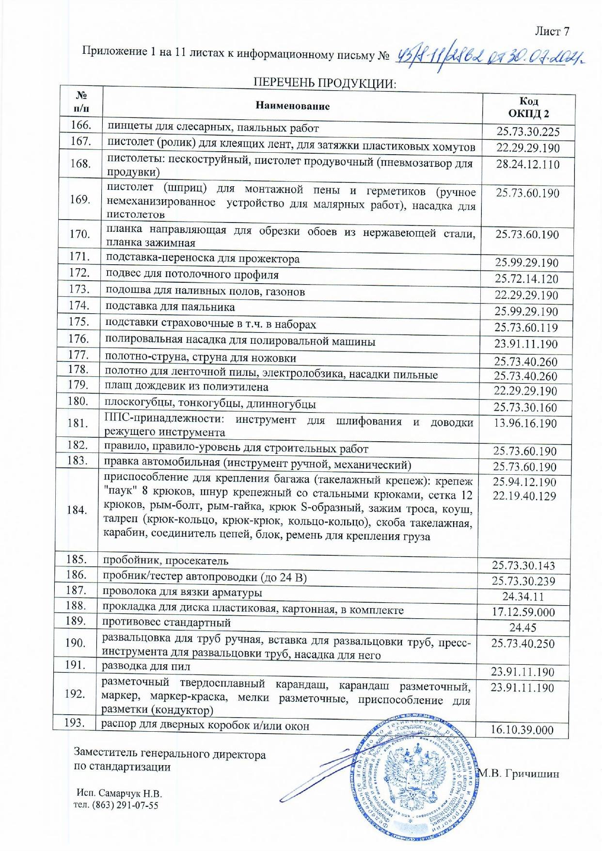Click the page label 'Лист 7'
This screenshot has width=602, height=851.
pyautogui.click(x=552, y=32)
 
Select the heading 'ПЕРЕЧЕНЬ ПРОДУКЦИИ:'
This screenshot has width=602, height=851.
pyautogui.click(x=325, y=83)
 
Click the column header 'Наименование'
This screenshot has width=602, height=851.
pyautogui.click(x=292, y=106)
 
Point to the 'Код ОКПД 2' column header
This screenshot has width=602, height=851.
pyautogui.click(x=528, y=107)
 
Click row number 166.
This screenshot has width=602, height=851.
pyautogui.click(x=81, y=125)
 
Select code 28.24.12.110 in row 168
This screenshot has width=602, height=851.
pyautogui.click(x=527, y=164)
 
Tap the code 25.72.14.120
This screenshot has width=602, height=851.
pyautogui.click(x=526, y=279)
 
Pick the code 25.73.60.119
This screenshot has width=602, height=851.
pyautogui.click(x=526, y=328)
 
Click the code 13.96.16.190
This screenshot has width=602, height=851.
pyautogui.click(x=525, y=423)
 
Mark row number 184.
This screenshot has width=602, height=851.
pyautogui.click(x=77, y=510)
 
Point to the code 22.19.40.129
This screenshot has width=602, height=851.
pyautogui.click(x=524, y=496)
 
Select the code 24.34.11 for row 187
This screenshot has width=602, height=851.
pyautogui.click(x=523, y=597)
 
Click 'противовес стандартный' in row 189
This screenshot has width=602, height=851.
pyautogui.click(x=166, y=622)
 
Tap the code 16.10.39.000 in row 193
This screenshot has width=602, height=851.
pyautogui.click(x=522, y=730)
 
